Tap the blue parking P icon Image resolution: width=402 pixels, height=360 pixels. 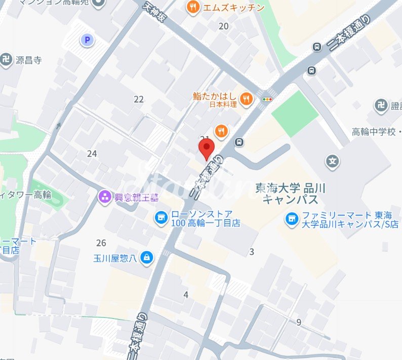tap(88, 40)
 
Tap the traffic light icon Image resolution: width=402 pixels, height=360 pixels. tap(266, 99)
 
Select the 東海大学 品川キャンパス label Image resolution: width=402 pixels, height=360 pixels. tap(291, 193)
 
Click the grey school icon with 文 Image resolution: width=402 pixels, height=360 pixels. tap(333, 162)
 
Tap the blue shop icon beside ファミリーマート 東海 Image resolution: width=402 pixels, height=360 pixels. tap(291, 219)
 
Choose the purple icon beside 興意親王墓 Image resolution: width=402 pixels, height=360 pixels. tap(105, 196)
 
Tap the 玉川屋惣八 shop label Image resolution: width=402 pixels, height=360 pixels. tap(114, 258)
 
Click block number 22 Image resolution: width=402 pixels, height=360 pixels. tap(139, 99)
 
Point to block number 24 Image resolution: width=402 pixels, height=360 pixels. tap(92, 153)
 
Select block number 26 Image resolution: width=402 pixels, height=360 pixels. tap(101, 243)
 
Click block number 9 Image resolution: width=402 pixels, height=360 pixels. tap(299, 322)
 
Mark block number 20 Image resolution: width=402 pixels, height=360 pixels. tap(223, 26)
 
